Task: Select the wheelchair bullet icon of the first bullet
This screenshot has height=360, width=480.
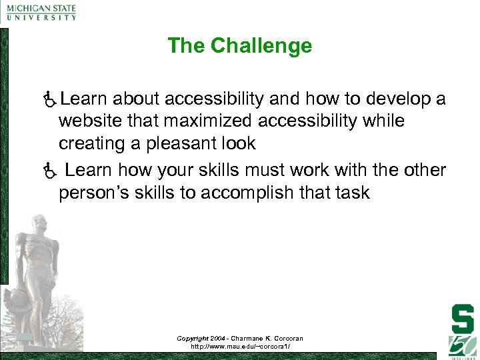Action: (47, 100)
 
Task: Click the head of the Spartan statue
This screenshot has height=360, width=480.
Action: (38, 223)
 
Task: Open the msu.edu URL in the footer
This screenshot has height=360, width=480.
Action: (239, 347)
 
